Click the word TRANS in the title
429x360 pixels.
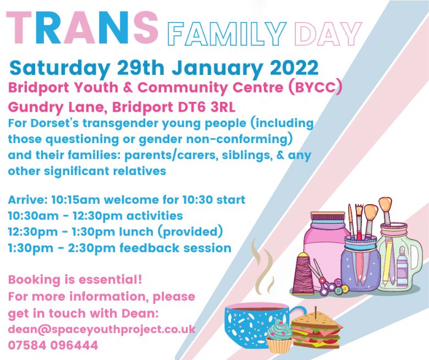click(x=82, y=28)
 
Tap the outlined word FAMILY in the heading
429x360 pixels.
click(x=227, y=34)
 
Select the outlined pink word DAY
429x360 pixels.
click(x=328, y=34)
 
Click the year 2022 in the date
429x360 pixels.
click(x=294, y=68)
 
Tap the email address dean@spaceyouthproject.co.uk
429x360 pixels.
click(x=102, y=329)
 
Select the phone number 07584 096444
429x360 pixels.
click(x=53, y=345)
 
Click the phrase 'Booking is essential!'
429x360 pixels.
click(x=75, y=280)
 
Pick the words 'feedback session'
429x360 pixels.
click(x=175, y=248)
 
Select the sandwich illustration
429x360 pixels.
click(x=317, y=329)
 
